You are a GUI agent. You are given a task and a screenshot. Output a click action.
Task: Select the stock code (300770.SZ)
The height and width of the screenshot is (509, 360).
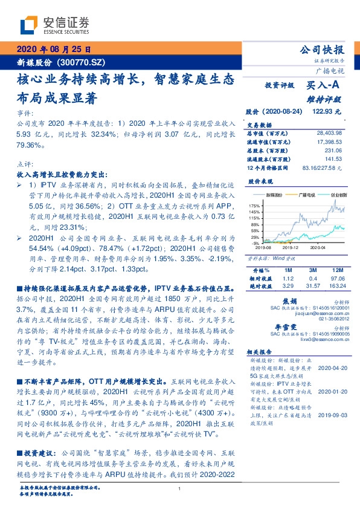tap(80, 62)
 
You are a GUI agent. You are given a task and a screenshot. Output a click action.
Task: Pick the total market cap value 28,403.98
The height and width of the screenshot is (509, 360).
tap(329, 132)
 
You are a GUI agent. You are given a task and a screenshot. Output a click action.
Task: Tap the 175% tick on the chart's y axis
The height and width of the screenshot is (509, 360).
tap(254, 206)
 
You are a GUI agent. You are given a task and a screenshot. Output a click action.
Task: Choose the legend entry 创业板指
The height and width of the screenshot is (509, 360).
tap(338, 196)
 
